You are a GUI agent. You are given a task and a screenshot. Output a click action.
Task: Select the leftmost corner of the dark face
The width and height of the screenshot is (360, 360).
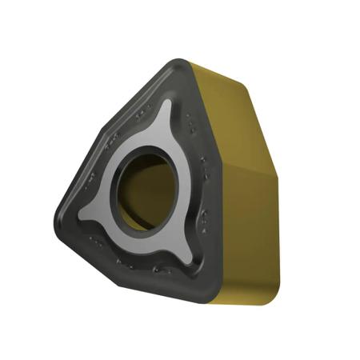coord(61,214)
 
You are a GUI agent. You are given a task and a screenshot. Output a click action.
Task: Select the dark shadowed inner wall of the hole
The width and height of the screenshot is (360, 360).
coord(128,192)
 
